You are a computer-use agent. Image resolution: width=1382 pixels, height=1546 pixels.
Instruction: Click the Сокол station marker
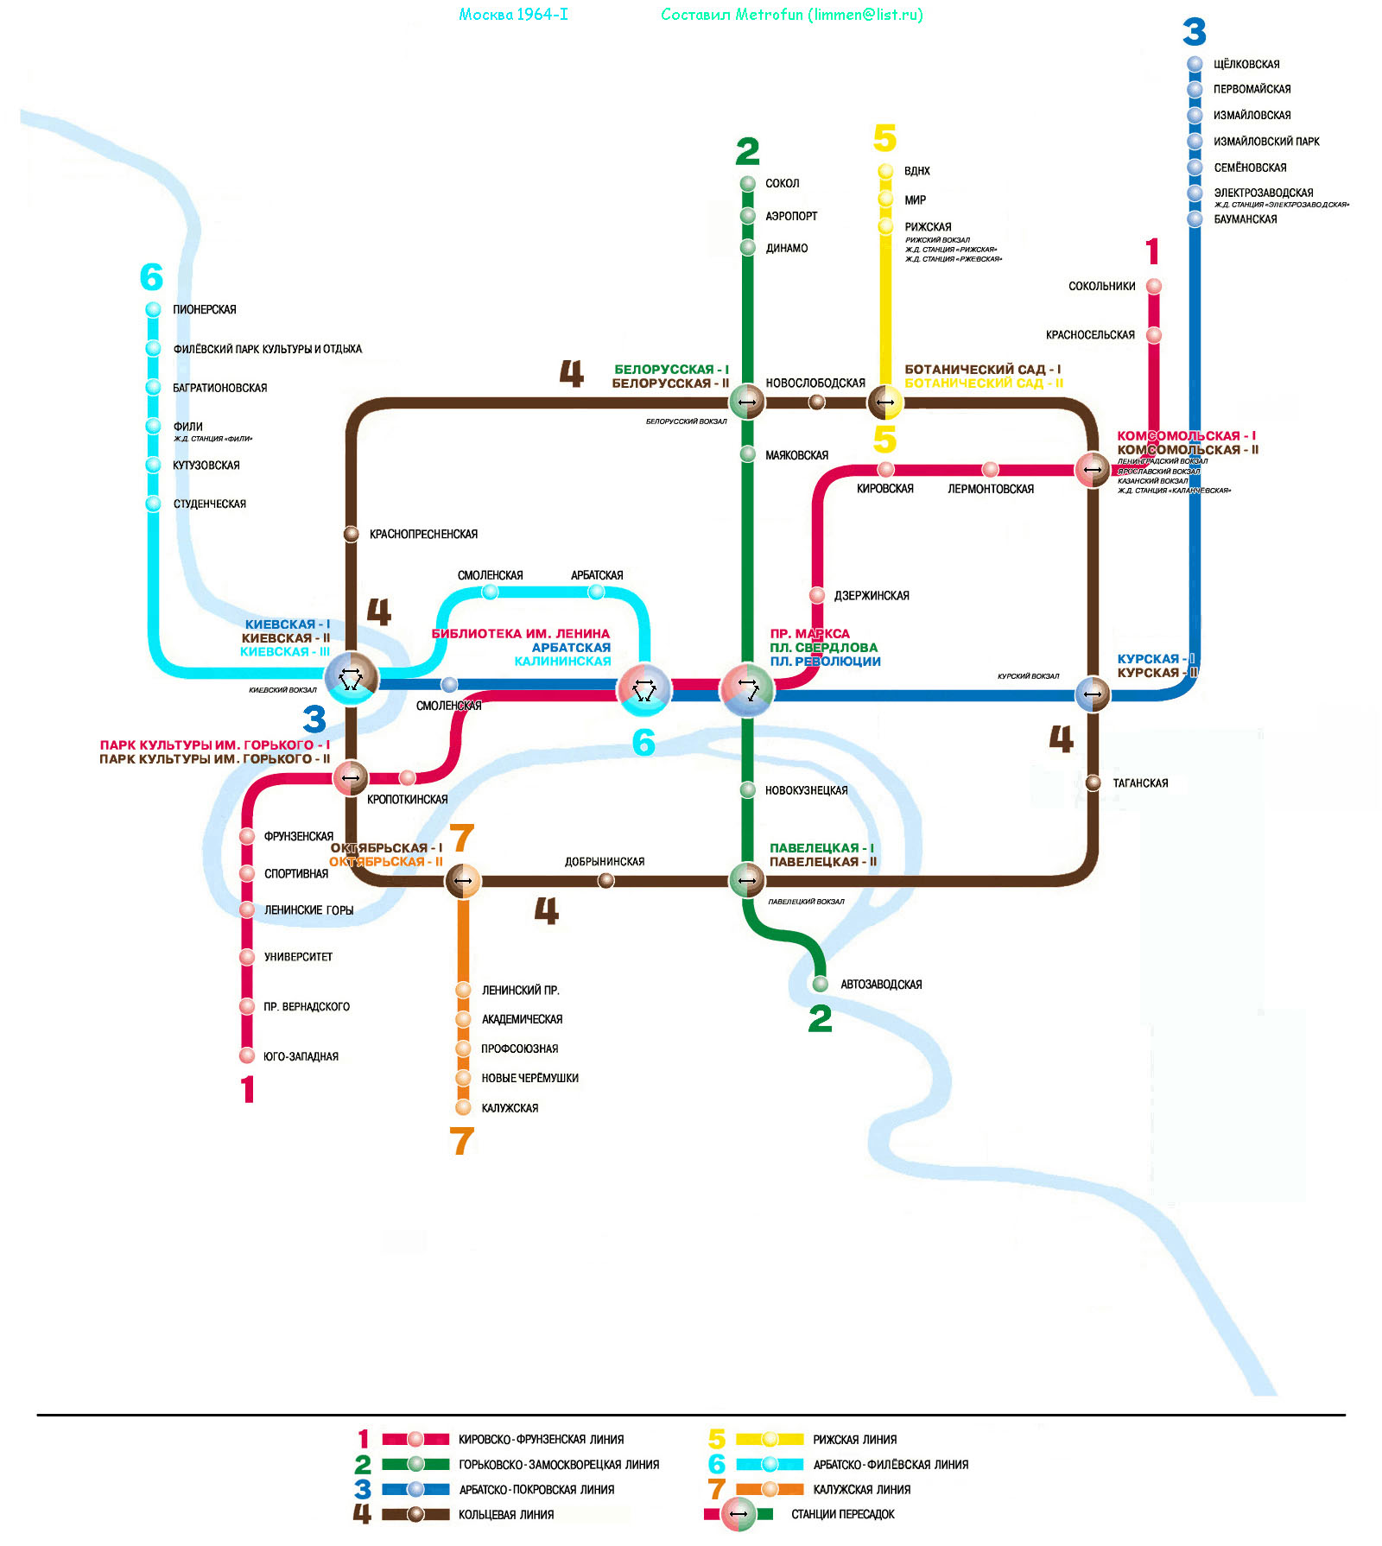pyautogui.click(x=748, y=183)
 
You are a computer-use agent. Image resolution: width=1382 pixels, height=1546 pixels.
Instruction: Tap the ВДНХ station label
pyautogui.click(x=916, y=171)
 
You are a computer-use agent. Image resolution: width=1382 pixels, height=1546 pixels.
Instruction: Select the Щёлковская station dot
pyautogui.click(x=1195, y=64)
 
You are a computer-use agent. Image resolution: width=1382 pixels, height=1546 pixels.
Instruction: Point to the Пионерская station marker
pyautogui.click(x=153, y=309)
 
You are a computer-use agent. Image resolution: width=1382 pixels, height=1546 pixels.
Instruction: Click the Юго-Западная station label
pyautogui.click(x=301, y=1056)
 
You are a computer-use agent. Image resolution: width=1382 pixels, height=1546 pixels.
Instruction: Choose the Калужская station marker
pyautogui.click(x=464, y=1107)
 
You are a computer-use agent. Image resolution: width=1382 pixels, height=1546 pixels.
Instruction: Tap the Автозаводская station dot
pyautogui.click(x=820, y=984)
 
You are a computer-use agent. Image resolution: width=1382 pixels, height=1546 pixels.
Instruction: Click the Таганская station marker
pyautogui.click(x=1093, y=783)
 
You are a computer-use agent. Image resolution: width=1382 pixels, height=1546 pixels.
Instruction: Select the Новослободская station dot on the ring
pyautogui.click(x=816, y=402)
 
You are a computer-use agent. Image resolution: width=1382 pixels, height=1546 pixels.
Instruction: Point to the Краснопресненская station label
pyautogui.click(x=423, y=535)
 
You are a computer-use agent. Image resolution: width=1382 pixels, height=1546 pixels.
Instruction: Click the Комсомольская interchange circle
pyautogui.click(x=1093, y=470)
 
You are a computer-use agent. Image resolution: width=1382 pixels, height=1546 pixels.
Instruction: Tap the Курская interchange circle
pyautogui.click(x=1093, y=694)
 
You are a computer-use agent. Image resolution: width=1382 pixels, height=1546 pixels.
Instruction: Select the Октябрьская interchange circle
pyautogui.click(x=463, y=881)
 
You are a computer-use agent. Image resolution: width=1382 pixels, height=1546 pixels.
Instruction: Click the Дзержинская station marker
pyautogui.click(x=817, y=595)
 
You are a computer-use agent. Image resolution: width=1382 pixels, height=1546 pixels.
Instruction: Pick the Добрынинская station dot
pyautogui.click(x=606, y=880)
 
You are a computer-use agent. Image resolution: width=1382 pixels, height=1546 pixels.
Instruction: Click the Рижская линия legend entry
pyautogui.click(x=854, y=1440)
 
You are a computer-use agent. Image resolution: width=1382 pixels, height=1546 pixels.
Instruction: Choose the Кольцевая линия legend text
pyautogui.click(x=506, y=1515)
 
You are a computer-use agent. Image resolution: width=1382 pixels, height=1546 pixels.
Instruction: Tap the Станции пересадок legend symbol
pyautogui.click(x=739, y=1514)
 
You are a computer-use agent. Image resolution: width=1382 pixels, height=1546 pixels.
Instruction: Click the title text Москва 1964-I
pyautogui.click(x=513, y=15)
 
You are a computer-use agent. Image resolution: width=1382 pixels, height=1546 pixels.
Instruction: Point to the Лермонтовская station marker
pyautogui.click(x=991, y=470)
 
